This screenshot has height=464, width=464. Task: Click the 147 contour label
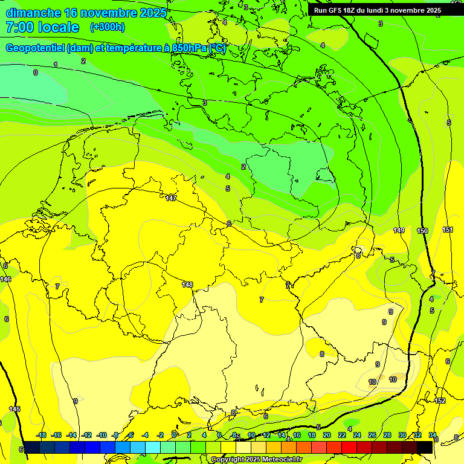(x=171, y=198)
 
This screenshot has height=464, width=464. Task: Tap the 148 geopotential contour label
(x=187, y=285)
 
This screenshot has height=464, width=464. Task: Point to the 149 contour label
(x=399, y=230)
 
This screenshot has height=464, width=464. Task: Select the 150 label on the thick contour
(x=422, y=231)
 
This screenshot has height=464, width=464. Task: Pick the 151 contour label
(x=448, y=230)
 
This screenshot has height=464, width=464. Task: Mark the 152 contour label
(x=440, y=401)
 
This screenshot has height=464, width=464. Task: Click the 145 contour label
(x=14, y=409)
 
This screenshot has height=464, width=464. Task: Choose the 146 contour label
(x=5, y=279)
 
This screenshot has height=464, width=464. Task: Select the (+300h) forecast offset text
(x=107, y=27)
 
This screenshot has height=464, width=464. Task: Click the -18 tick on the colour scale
(x=41, y=435)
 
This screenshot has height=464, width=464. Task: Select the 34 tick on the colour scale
(x=433, y=435)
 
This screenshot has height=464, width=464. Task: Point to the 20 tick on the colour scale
(x=327, y=435)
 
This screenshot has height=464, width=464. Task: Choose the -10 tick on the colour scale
(x=101, y=435)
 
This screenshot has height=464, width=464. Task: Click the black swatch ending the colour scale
(x=425, y=447)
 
